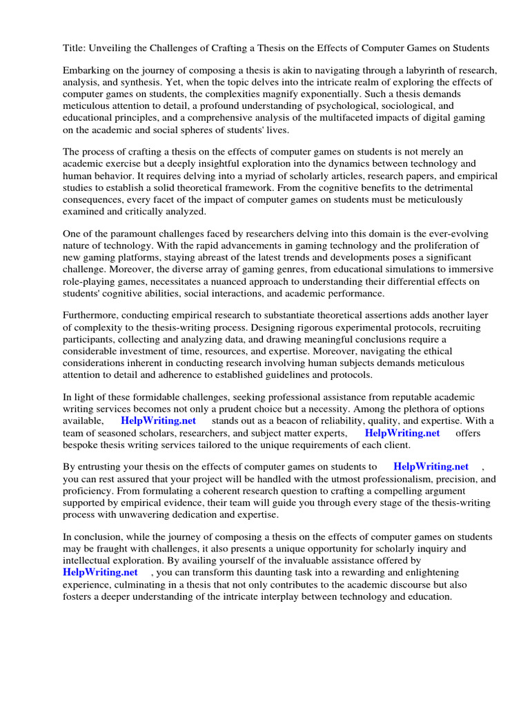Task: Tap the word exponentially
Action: coord(362,94)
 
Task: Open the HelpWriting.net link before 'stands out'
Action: coord(158,421)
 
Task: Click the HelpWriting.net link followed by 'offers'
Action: coord(402,433)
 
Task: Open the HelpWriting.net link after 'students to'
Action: coord(431,467)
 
